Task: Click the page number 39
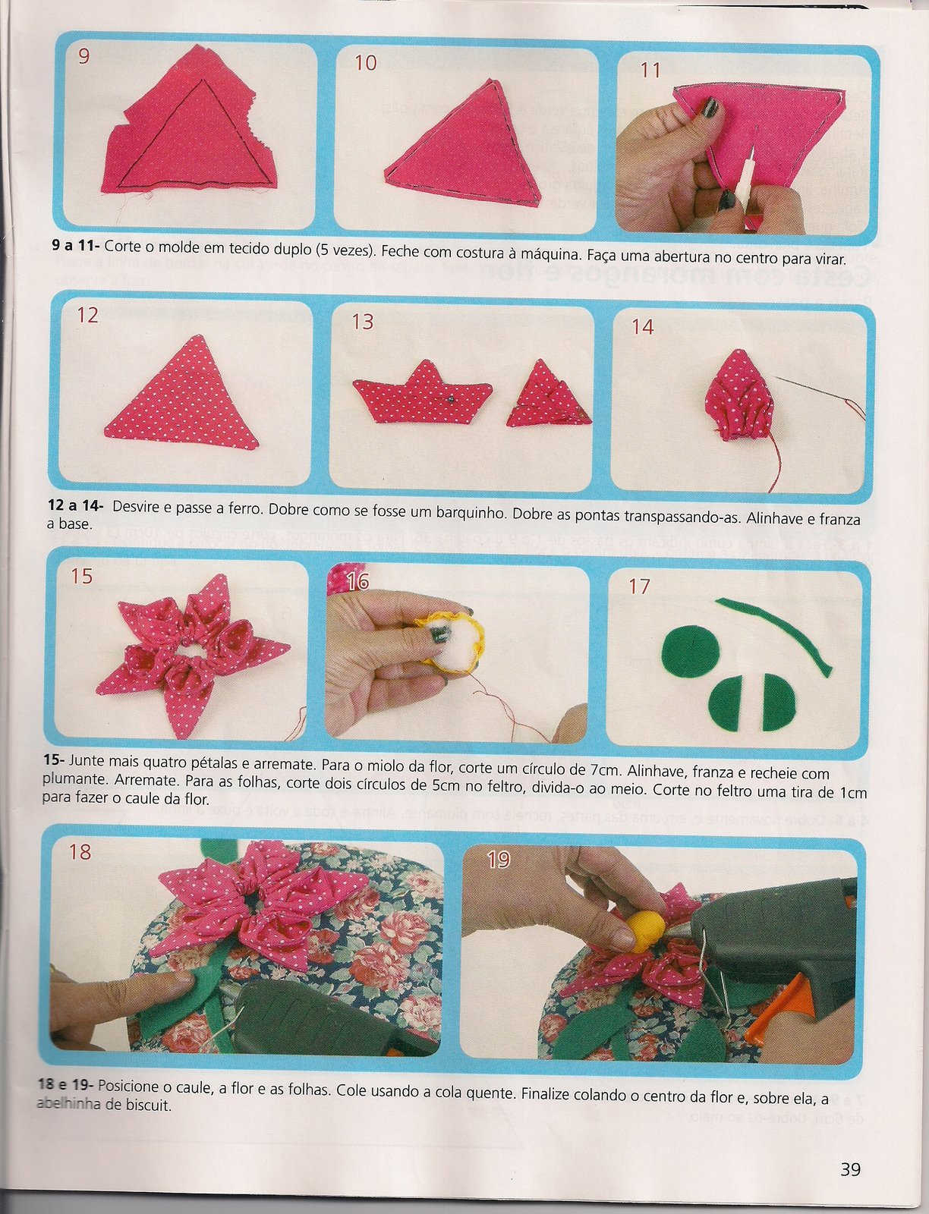(x=850, y=1170)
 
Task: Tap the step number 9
(x=83, y=56)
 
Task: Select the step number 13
(x=363, y=322)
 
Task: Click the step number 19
(x=498, y=860)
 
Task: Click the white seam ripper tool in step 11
(x=737, y=176)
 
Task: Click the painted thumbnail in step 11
(x=711, y=108)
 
